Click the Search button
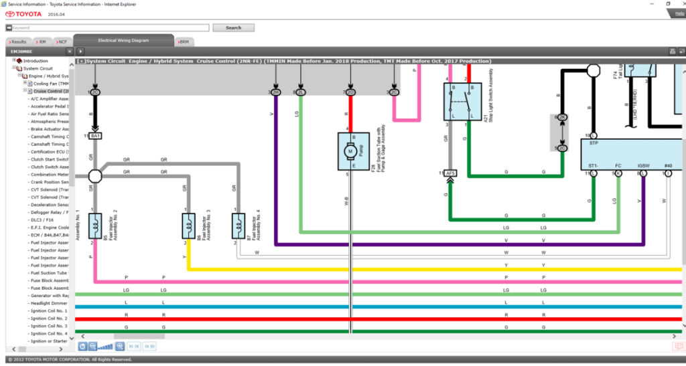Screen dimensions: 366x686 233,27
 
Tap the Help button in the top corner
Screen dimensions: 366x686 680,13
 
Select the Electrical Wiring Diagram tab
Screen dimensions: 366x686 123,41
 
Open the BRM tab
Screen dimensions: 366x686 184,42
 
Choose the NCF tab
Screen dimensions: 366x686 62,42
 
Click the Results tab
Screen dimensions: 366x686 17,42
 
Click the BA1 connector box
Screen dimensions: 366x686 96,136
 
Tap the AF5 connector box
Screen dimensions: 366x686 450,173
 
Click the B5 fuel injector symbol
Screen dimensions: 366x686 94,225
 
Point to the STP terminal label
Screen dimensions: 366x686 594,143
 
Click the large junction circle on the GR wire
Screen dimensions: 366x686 95,176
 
